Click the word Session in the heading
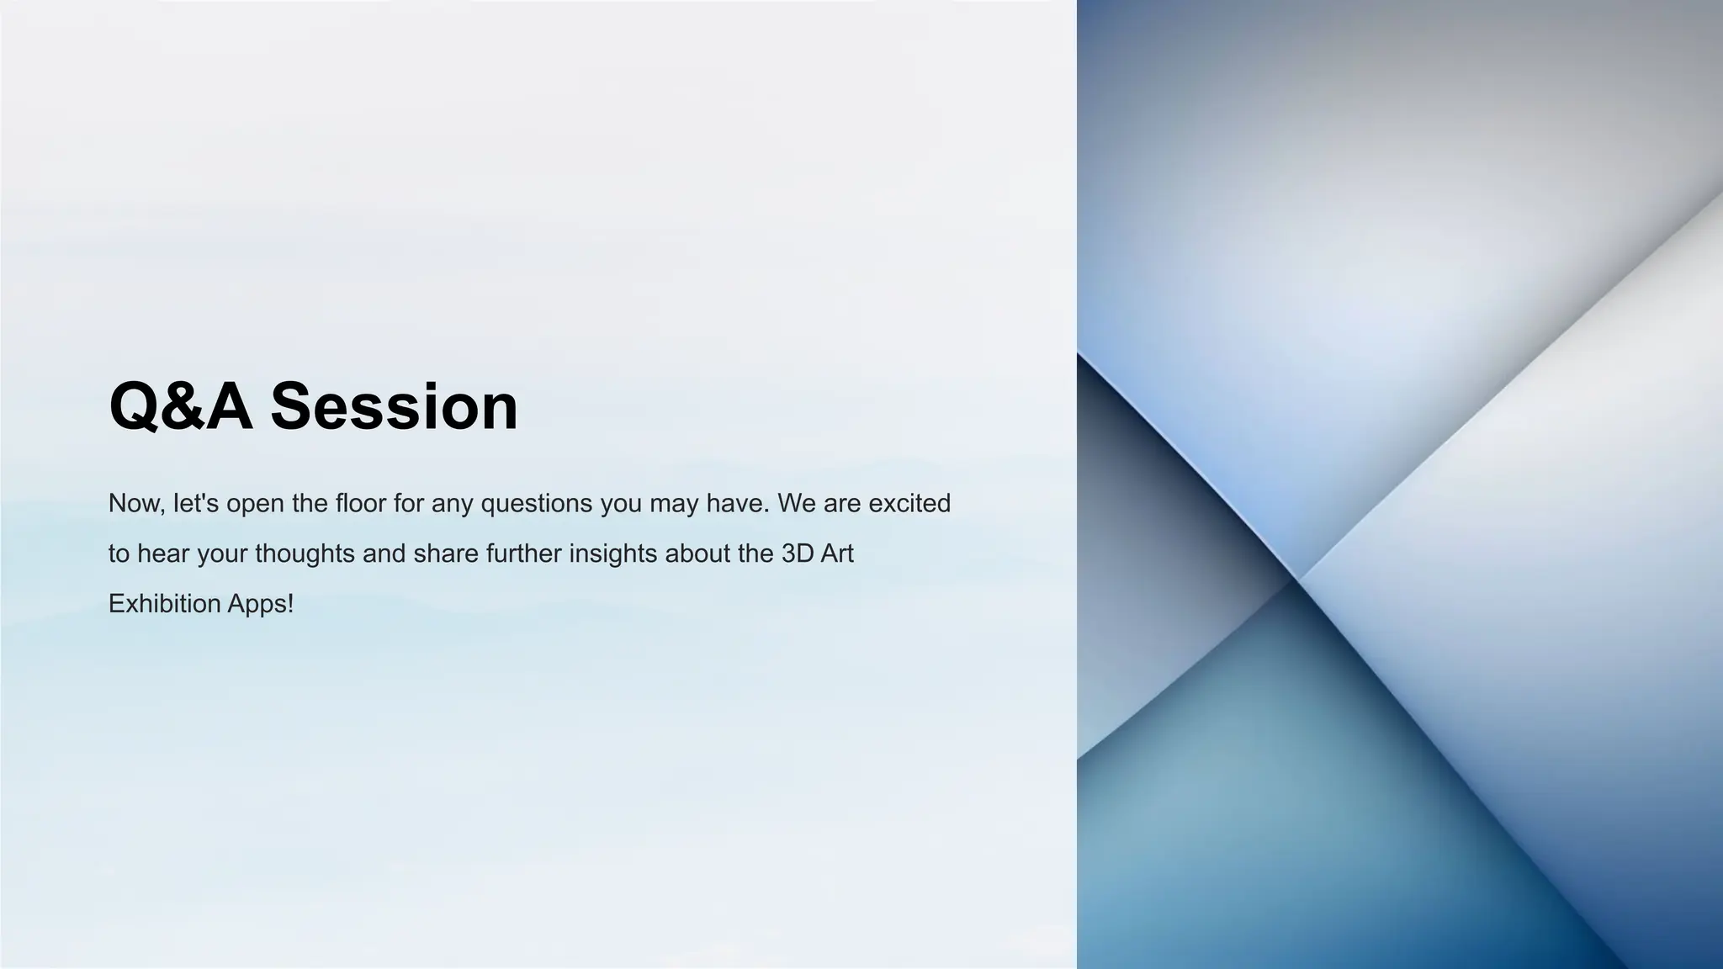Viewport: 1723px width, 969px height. (x=394, y=406)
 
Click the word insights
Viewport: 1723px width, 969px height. (x=613, y=553)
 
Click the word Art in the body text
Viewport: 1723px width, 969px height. (x=838, y=553)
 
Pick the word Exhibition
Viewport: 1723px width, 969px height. (x=164, y=604)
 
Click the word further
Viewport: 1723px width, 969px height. (x=523, y=553)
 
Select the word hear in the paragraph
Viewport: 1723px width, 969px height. (x=164, y=553)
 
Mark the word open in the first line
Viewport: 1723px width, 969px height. (x=255, y=503)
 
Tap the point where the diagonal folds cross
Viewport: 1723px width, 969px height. (x=1296, y=579)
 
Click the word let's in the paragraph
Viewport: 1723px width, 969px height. (x=196, y=503)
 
